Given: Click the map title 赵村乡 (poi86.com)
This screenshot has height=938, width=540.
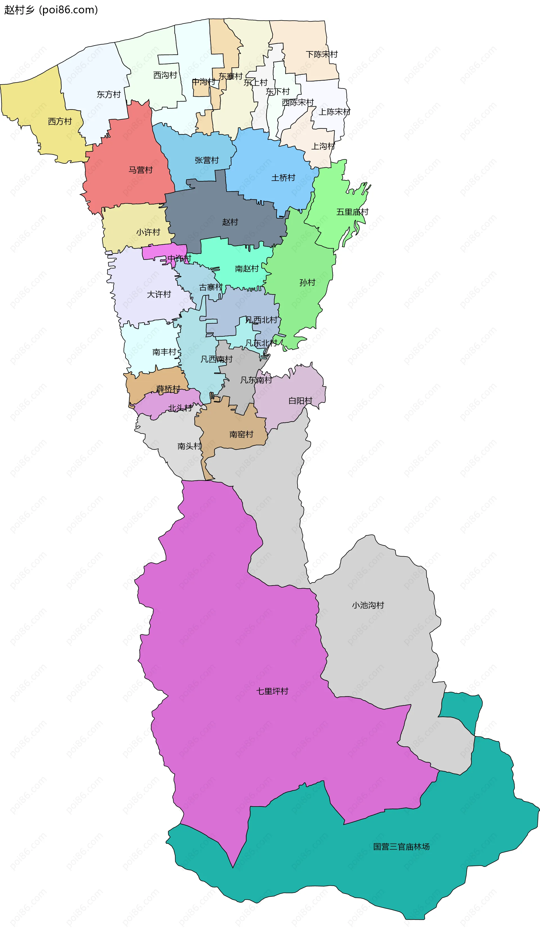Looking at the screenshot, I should click(51, 10).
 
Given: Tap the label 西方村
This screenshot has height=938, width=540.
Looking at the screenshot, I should click(60, 122).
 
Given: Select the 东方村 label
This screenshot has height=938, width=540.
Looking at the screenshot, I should click(109, 94).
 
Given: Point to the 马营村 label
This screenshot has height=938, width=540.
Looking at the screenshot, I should click(141, 170).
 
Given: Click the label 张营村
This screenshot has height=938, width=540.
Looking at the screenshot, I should click(207, 160).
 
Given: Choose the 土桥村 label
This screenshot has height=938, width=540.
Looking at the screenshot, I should click(283, 178).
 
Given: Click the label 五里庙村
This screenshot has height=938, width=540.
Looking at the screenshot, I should click(352, 212).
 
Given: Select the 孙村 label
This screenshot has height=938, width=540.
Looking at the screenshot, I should click(307, 283).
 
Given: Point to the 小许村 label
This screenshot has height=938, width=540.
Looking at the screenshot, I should click(148, 232).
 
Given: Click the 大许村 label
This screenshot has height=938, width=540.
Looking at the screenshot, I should click(159, 294).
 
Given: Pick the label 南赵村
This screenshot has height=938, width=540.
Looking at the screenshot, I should click(247, 269).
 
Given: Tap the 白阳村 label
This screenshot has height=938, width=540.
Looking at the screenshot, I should click(300, 401).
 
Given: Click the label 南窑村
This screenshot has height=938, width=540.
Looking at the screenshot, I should click(241, 434).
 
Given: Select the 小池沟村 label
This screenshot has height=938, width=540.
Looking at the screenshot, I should click(368, 605).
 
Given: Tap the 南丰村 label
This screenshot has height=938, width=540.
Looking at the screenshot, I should click(164, 352).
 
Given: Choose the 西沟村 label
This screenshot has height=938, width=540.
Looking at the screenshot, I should click(165, 75).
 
